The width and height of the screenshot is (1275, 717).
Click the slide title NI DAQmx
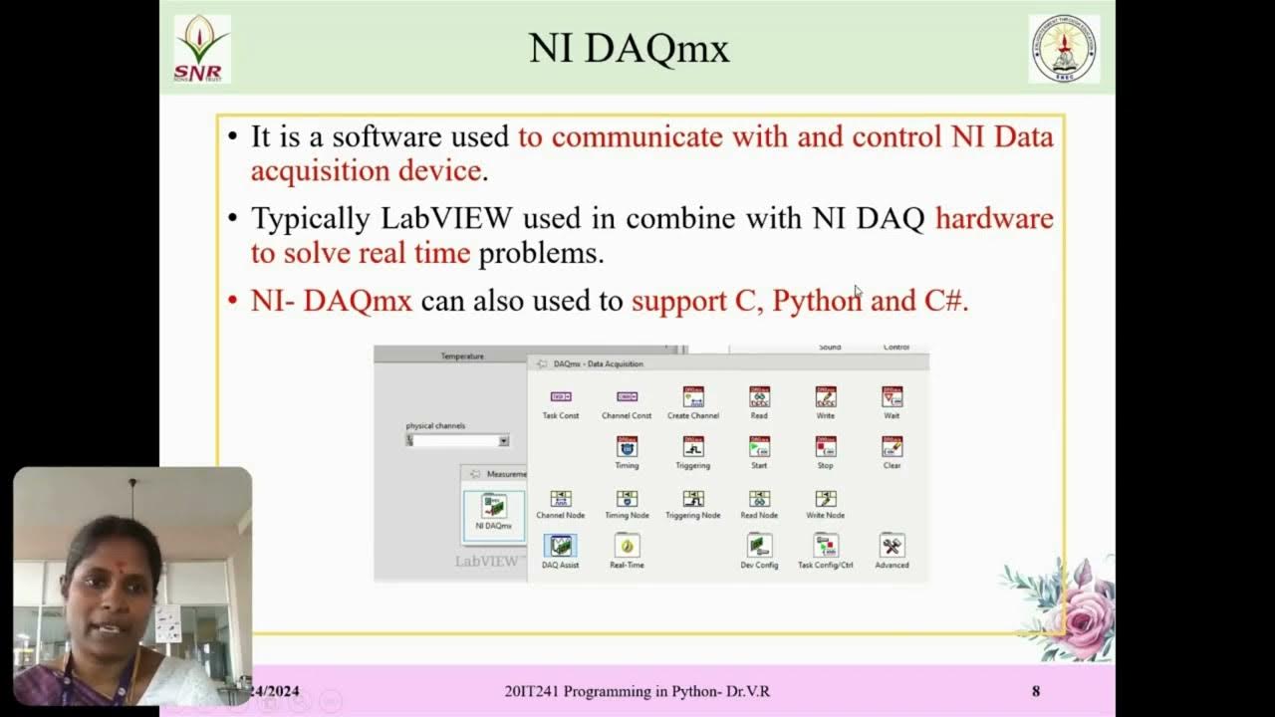629,48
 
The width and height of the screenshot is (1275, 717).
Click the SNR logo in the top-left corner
202,48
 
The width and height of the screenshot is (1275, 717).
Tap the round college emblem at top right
1064,48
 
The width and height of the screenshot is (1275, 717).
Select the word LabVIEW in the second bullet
447,218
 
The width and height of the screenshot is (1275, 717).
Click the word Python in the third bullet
817,300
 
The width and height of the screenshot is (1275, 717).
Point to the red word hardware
994,218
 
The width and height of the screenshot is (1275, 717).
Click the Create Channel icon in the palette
693,397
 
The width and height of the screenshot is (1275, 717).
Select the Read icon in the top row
759,397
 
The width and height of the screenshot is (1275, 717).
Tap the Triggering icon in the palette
693,447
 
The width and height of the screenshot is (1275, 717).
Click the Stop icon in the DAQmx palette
825,447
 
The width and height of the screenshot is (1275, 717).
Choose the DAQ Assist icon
560,546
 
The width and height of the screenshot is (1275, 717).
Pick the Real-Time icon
627,546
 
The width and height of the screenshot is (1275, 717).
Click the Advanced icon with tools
892,546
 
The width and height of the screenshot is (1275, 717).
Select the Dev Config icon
759,546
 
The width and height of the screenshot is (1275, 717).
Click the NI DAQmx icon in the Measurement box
493,507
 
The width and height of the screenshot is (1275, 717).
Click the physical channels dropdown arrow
503,440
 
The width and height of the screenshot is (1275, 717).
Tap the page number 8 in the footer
1036,691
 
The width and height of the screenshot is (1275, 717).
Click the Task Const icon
561,397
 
